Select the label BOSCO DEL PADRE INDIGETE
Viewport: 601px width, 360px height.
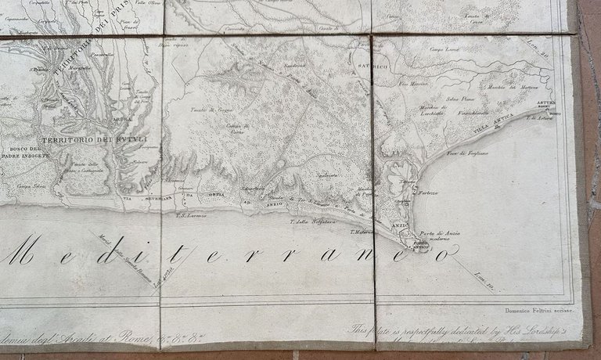pos(30,152)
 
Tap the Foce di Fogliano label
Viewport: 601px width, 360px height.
pos(467,153)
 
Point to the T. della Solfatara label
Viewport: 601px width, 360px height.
pos(313,221)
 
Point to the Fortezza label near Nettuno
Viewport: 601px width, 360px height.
pos(427,193)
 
